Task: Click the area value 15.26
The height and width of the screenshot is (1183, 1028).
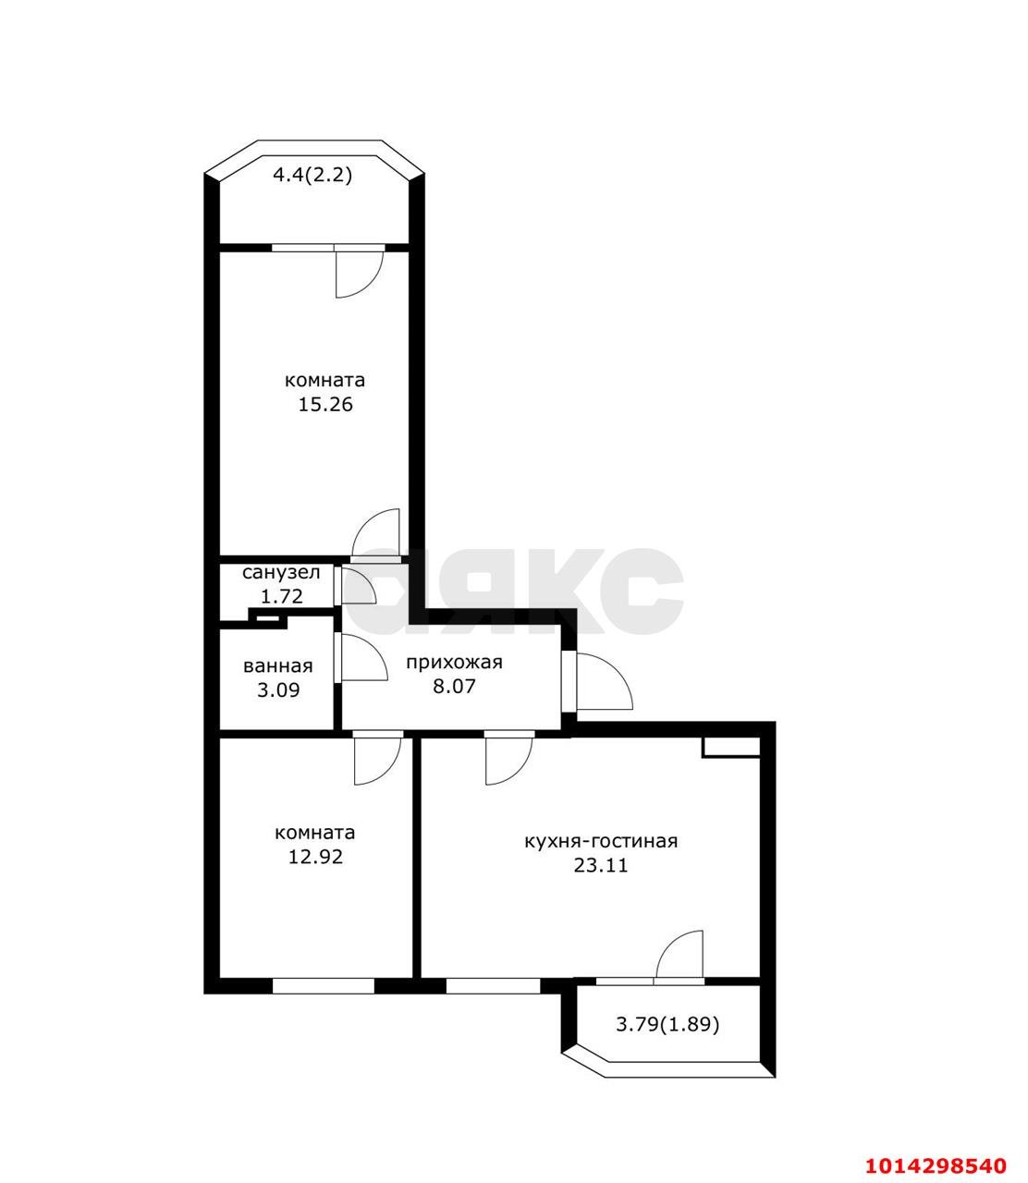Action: coord(324,404)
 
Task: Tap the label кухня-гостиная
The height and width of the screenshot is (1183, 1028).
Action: coord(601,841)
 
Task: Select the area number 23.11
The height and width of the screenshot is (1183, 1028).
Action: coord(601,866)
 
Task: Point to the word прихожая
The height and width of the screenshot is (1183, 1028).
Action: coord(454,663)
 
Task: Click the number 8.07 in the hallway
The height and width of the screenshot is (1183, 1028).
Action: coord(454,687)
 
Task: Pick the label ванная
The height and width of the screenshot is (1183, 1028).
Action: coord(277,666)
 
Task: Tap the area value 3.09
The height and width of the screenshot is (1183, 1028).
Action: coord(278,689)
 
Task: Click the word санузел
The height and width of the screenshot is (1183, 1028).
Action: coord(281,573)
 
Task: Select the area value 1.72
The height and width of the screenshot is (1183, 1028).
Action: coord(282,596)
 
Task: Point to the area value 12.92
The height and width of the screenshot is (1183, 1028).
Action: coord(315,857)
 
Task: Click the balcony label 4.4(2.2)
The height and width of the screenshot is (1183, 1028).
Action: coord(312,175)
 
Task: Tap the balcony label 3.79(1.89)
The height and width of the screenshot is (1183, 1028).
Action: coord(667,1025)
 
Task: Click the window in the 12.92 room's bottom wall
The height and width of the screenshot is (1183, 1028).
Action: coord(324,986)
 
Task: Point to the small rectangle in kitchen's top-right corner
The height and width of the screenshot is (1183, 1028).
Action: coord(730,747)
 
